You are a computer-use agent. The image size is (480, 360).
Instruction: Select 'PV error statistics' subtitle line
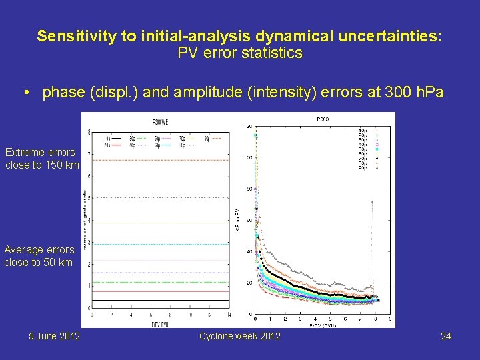click(x=239, y=53)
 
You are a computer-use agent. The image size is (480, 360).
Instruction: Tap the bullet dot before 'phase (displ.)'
click(x=25, y=93)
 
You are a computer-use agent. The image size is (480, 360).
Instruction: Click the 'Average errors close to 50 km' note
click(x=39, y=256)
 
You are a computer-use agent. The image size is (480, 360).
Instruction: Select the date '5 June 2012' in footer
click(x=54, y=336)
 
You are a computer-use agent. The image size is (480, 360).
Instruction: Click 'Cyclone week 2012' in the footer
click(x=239, y=336)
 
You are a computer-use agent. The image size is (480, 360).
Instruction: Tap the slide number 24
click(x=445, y=336)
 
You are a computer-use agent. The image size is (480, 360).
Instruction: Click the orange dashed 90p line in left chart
click(x=160, y=160)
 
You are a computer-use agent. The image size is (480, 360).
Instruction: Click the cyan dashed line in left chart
click(x=160, y=244)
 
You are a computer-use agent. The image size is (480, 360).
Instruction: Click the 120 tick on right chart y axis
click(x=247, y=126)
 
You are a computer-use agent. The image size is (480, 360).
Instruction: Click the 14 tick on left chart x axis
click(x=229, y=314)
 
